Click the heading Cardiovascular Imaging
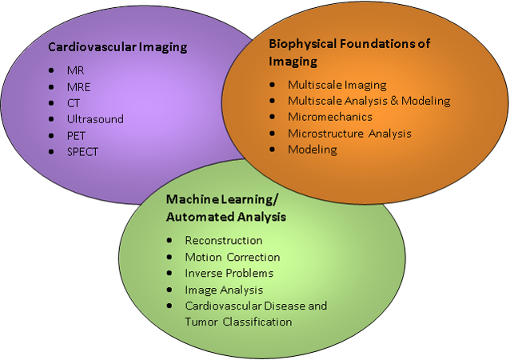118,47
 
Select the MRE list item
78,87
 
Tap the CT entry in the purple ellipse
74,103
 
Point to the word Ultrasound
95,119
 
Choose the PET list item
76,136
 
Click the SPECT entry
82,152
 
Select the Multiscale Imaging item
337,85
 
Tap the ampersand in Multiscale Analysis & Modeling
394,101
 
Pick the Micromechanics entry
330,117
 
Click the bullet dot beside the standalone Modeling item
273,150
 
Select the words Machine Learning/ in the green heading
222,199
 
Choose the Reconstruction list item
224,241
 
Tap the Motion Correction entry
233,257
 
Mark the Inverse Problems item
229,273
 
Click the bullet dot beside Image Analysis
169,290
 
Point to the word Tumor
201,322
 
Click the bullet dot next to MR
51,70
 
